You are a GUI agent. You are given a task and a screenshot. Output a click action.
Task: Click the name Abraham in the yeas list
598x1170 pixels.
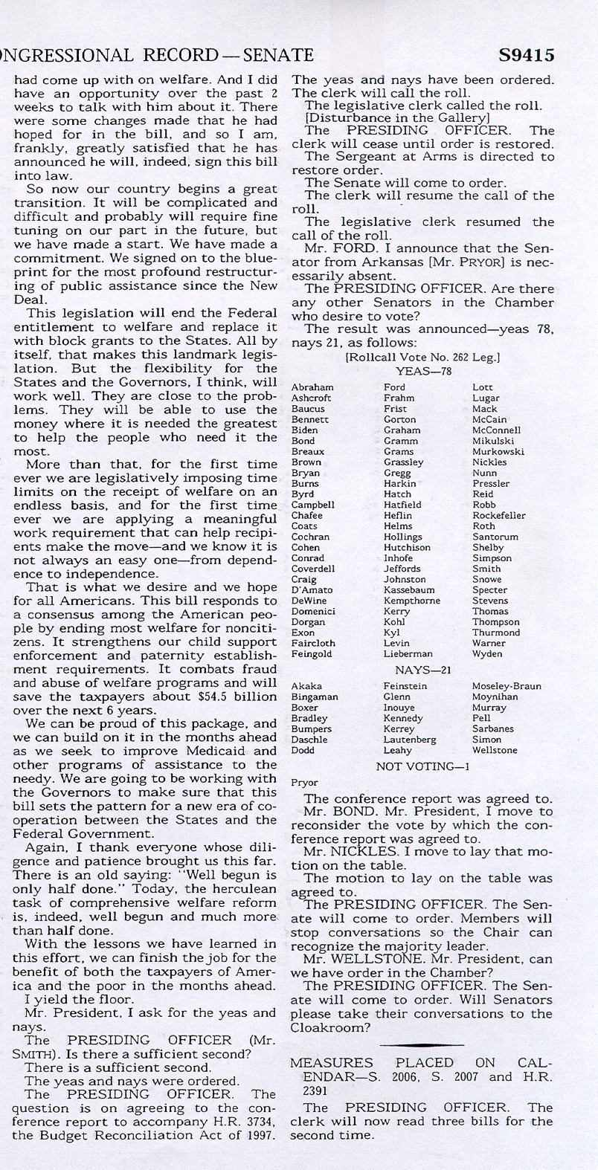[x=312, y=387]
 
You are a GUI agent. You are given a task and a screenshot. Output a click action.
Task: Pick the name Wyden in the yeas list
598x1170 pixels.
[x=487, y=654]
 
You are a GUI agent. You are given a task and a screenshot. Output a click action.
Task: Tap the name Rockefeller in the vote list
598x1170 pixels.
[x=498, y=515]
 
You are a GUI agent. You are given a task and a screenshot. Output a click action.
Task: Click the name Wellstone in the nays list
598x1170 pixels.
[x=495, y=750]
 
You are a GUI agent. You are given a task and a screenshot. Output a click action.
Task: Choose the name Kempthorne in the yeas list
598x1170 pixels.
[x=412, y=601]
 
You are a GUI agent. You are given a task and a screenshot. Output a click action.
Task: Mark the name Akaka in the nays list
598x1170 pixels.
[x=306, y=686]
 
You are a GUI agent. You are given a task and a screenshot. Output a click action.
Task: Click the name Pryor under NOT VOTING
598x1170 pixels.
[x=303, y=783]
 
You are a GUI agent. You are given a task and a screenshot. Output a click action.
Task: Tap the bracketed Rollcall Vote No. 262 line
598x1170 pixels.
[x=422, y=358]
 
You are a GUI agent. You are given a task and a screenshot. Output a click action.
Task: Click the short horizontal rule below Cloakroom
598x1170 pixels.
[x=422, y=1044]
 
